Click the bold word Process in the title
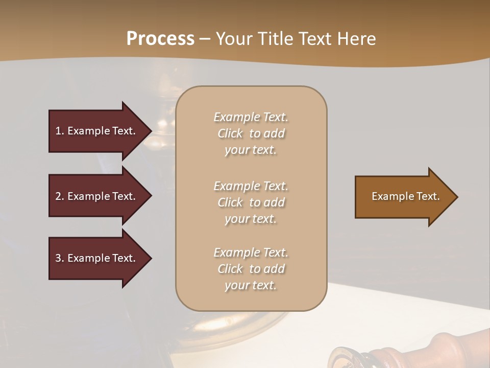click(160, 39)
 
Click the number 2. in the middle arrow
click(60, 196)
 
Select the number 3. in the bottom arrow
click(60, 258)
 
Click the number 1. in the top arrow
click(60, 131)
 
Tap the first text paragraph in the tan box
click(251, 133)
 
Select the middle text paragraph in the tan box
click(251, 202)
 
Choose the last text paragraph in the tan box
click(251, 269)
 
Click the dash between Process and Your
click(205, 39)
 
